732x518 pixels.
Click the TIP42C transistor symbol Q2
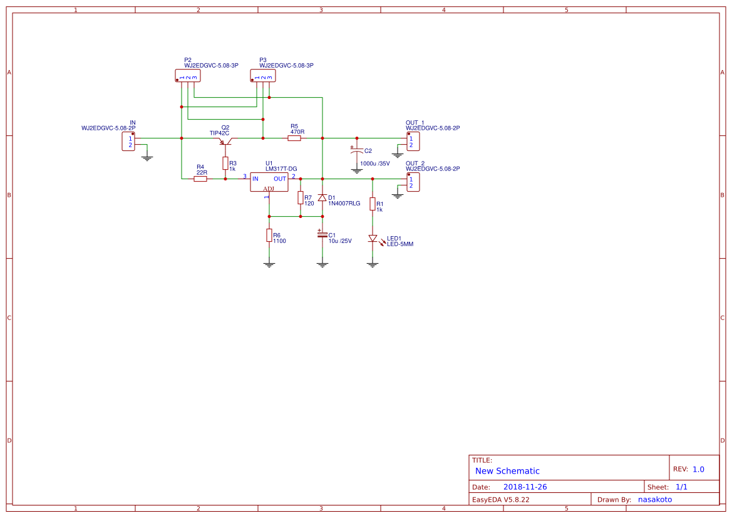225,141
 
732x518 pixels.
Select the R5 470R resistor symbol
294,138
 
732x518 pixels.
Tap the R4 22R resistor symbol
200,179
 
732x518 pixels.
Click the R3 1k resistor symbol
225,163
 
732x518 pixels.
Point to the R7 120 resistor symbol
301,198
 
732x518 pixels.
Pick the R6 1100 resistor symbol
269,236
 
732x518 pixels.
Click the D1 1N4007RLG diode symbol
322,198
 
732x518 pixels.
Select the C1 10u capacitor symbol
322,234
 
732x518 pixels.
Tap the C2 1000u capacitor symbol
357,151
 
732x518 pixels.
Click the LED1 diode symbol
373,239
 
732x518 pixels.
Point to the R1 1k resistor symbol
373,204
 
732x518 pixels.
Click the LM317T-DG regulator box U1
269,182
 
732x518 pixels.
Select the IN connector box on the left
128,142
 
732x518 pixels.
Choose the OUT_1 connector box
413,142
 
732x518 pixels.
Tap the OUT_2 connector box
413,182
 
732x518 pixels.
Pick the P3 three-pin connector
263,76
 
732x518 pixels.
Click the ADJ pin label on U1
269,189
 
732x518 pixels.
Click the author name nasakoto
655,499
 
